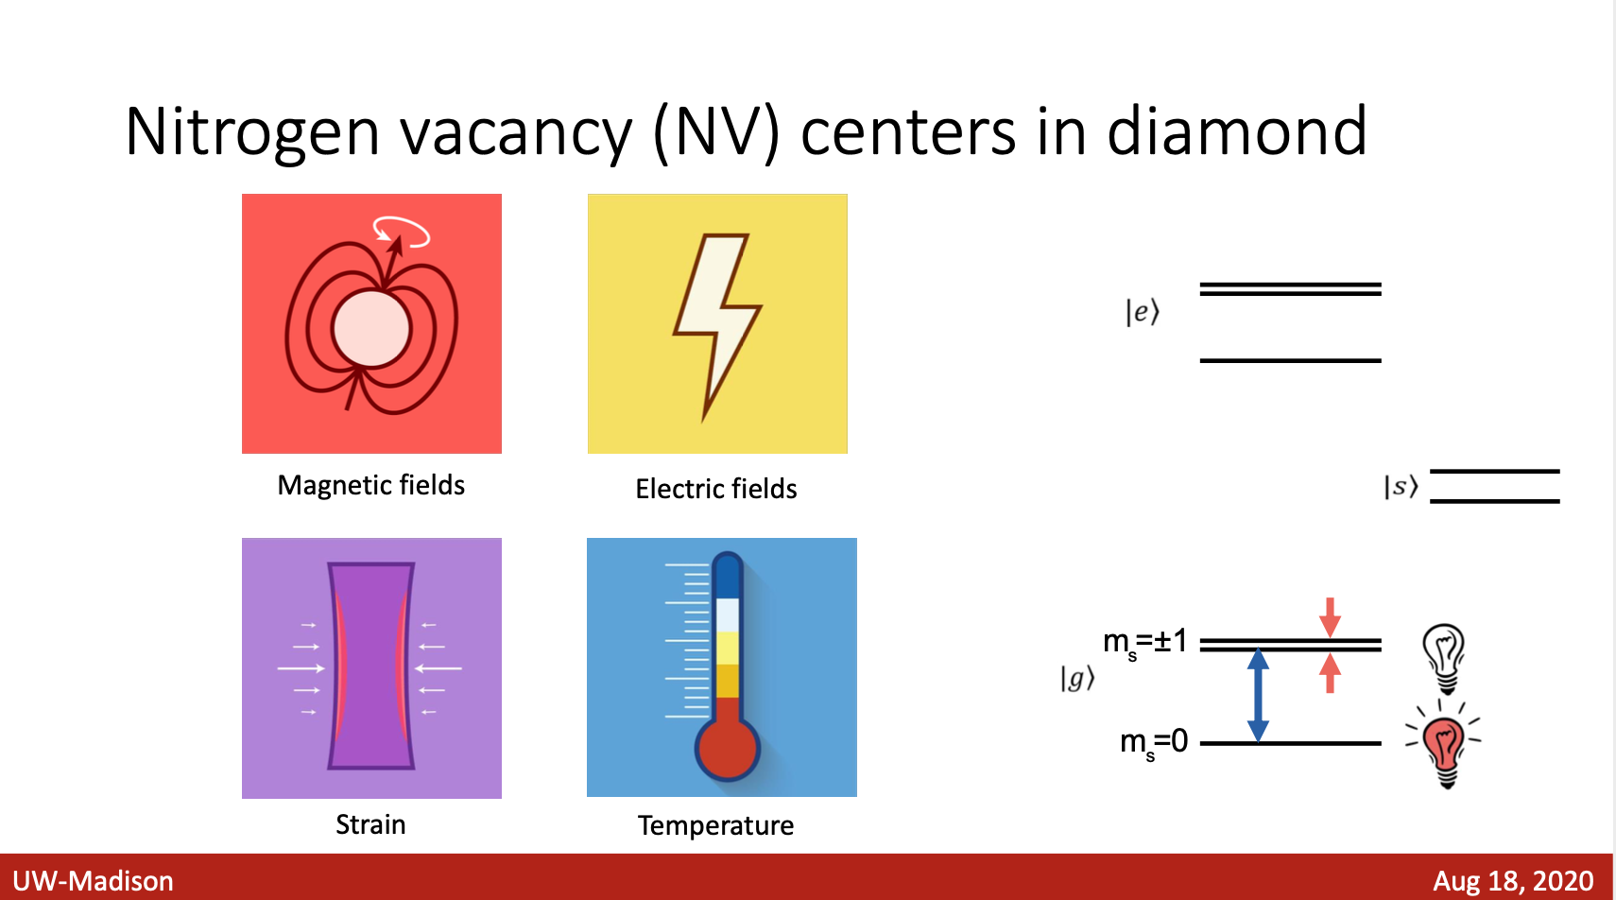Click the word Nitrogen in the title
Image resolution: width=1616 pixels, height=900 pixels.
[x=252, y=133]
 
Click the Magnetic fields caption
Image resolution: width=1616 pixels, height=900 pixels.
[x=370, y=485]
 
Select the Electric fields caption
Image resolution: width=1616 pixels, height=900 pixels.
[x=715, y=489]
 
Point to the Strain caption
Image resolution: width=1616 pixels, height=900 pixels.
[x=370, y=824]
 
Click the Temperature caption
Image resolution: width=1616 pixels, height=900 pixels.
[x=715, y=825]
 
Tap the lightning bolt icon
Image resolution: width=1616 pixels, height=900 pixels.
[x=717, y=326]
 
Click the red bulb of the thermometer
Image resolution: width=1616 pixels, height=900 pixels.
[x=728, y=749]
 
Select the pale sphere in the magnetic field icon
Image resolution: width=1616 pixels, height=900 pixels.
[x=371, y=328]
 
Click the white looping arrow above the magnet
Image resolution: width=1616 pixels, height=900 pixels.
[x=401, y=231]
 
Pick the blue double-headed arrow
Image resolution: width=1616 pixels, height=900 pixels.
[x=1258, y=696]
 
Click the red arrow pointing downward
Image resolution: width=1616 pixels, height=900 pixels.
[x=1331, y=617]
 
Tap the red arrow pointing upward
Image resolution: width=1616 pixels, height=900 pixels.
[x=1331, y=673]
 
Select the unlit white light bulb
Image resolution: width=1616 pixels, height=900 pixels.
[x=1444, y=658]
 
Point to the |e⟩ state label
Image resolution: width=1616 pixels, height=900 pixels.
[x=1143, y=312]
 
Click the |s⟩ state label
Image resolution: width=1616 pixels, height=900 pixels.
[x=1401, y=486]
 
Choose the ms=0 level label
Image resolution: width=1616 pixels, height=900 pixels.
[x=1154, y=743]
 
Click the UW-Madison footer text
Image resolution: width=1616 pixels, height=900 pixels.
[x=93, y=881]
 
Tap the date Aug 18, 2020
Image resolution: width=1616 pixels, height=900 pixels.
[x=1513, y=881]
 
